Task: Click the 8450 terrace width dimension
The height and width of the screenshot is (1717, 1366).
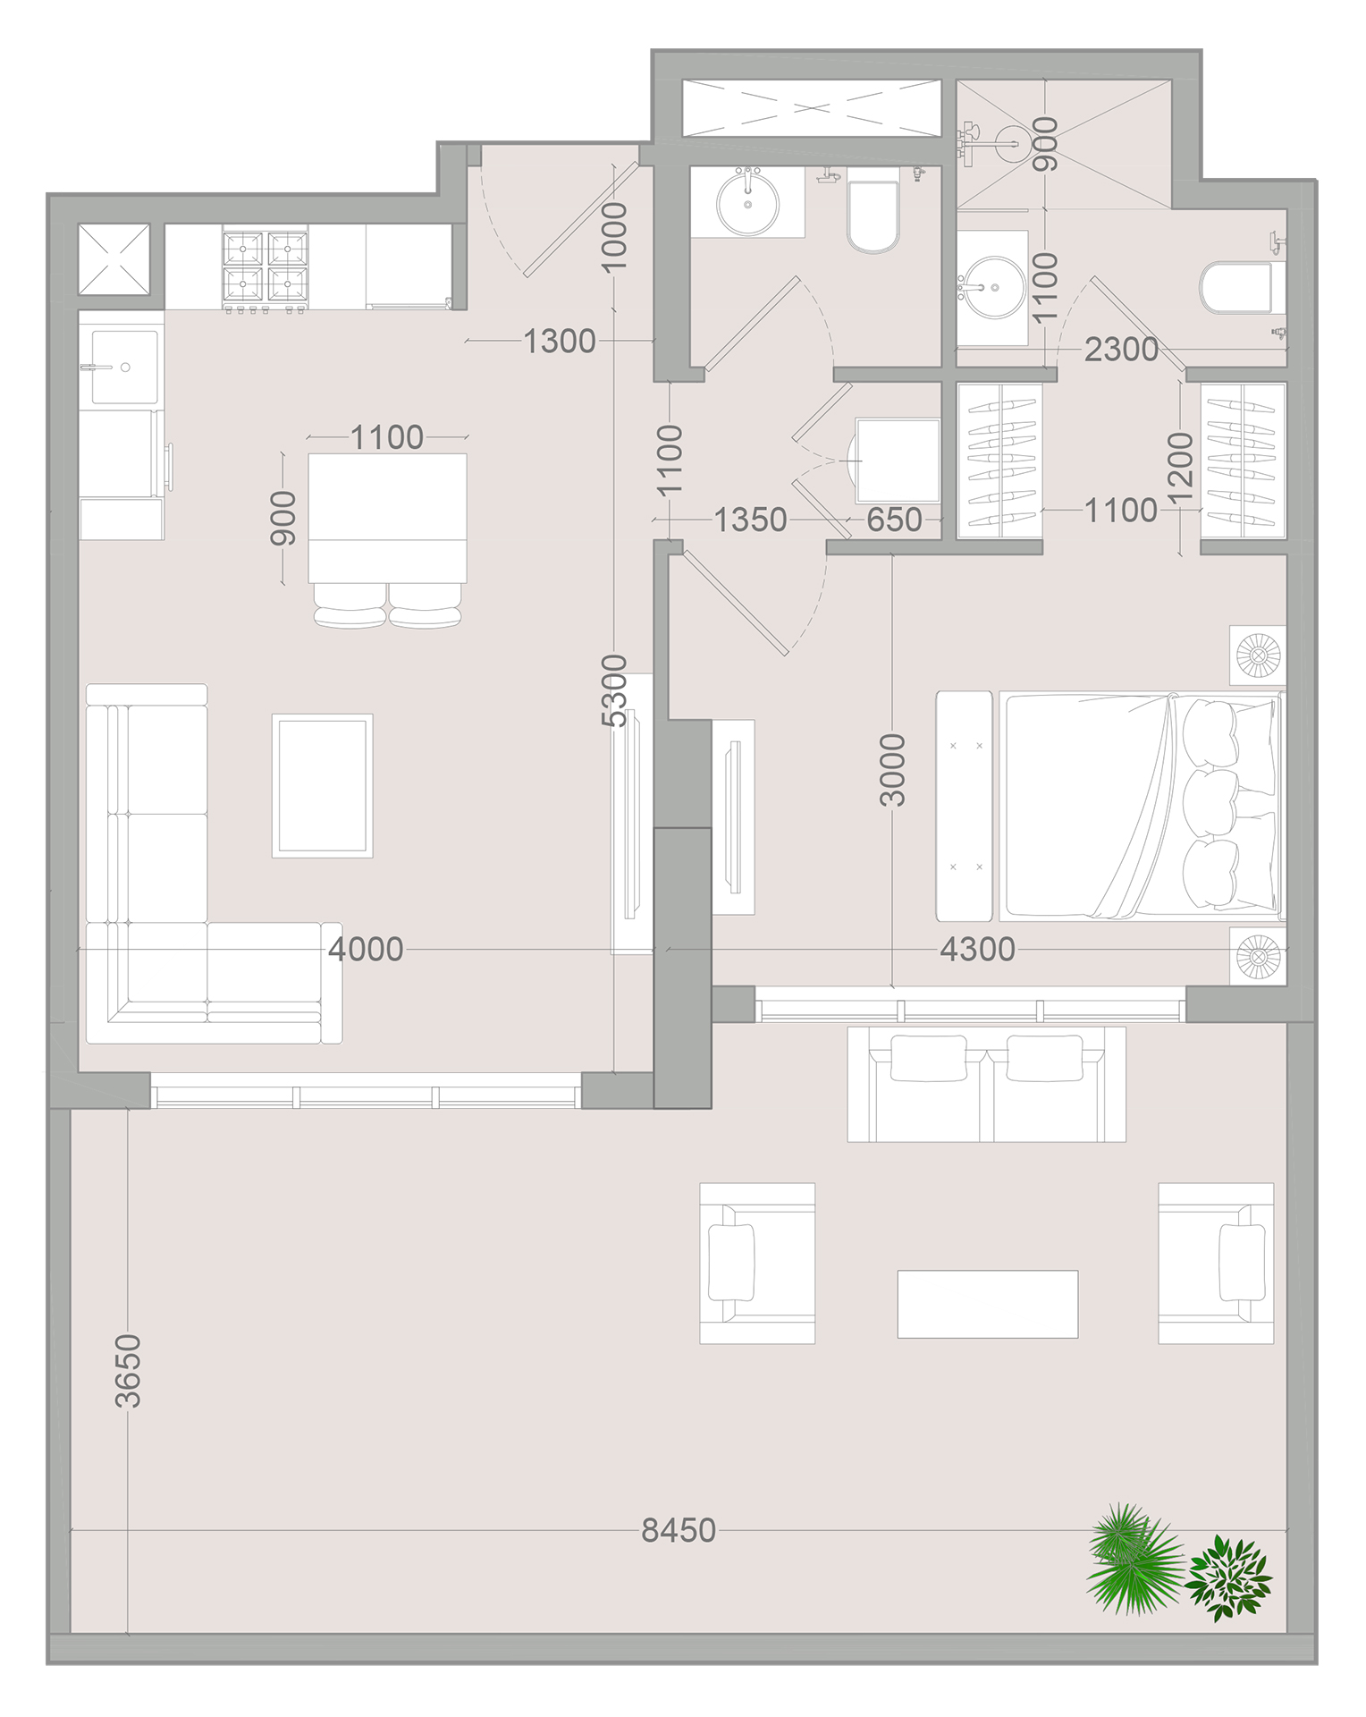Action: click(x=679, y=1530)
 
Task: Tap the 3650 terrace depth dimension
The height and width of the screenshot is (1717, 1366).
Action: click(x=129, y=1370)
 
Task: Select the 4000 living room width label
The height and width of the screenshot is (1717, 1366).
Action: click(x=366, y=949)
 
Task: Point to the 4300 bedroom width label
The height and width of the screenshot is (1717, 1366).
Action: click(x=977, y=949)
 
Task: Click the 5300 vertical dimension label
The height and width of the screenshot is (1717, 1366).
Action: click(x=614, y=690)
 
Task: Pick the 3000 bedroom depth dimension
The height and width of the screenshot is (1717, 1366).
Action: click(x=892, y=770)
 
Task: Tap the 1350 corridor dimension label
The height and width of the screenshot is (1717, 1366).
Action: click(x=750, y=520)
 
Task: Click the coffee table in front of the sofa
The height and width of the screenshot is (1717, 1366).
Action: click(x=322, y=786)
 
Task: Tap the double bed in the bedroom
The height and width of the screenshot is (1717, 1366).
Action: click(x=1140, y=806)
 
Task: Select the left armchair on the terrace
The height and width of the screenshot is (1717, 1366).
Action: click(x=756, y=1263)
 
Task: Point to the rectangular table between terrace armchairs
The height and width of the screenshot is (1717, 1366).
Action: click(x=987, y=1304)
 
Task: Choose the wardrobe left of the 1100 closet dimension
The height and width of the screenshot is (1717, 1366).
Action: click(x=999, y=461)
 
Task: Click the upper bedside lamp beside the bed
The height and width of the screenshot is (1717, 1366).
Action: click(x=1257, y=656)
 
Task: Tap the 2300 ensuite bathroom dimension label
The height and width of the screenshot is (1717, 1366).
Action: click(x=1120, y=350)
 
